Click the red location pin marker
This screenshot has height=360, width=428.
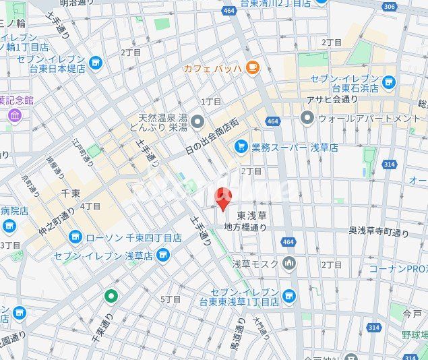(x=222, y=198)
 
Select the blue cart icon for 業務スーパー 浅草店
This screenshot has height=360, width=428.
(x=241, y=146)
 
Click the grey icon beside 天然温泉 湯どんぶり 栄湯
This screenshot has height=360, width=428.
(x=197, y=121)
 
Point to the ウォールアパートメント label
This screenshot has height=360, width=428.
(x=369, y=119)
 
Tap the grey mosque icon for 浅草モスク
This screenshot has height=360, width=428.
(x=289, y=262)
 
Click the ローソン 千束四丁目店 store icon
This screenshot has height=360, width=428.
(x=75, y=237)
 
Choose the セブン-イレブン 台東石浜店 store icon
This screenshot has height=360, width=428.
(x=388, y=82)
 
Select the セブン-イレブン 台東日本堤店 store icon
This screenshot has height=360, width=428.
(x=95, y=63)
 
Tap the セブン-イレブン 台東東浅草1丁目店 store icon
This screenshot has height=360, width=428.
(x=289, y=295)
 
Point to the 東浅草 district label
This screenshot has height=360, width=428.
(x=252, y=216)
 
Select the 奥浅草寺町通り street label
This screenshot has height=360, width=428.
(x=379, y=233)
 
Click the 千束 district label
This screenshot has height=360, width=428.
(x=71, y=193)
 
